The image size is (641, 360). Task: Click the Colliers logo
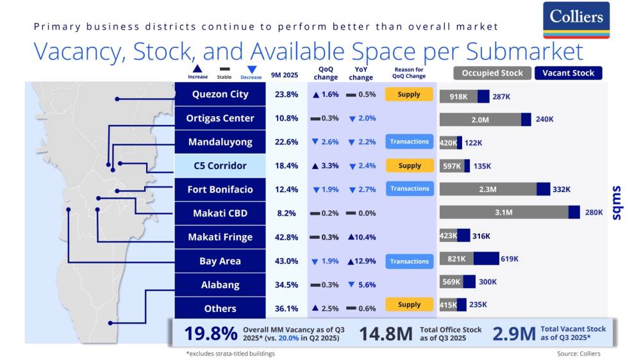(x=576, y=20)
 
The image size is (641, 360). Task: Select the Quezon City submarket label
(x=220, y=94)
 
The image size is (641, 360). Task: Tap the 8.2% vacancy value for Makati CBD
(x=287, y=213)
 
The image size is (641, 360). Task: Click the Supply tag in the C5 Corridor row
(x=410, y=165)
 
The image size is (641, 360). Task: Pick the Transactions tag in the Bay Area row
(x=410, y=261)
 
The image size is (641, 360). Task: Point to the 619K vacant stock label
(x=510, y=259)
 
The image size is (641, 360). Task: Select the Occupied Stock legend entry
(x=492, y=73)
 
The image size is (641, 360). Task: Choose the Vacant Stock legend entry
(x=568, y=73)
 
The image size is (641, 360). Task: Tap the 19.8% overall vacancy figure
(x=212, y=334)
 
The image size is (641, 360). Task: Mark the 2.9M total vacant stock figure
(x=513, y=334)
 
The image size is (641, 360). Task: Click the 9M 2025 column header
(x=286, y=73)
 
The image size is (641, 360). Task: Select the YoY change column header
(x=361, y=73)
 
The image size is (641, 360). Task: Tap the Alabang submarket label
(x=220, y=284)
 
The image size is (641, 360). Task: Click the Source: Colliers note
(x=579, y=354)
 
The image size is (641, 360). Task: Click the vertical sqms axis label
(x=617, y=204)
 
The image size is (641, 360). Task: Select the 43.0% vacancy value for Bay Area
(x=287, y=261)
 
